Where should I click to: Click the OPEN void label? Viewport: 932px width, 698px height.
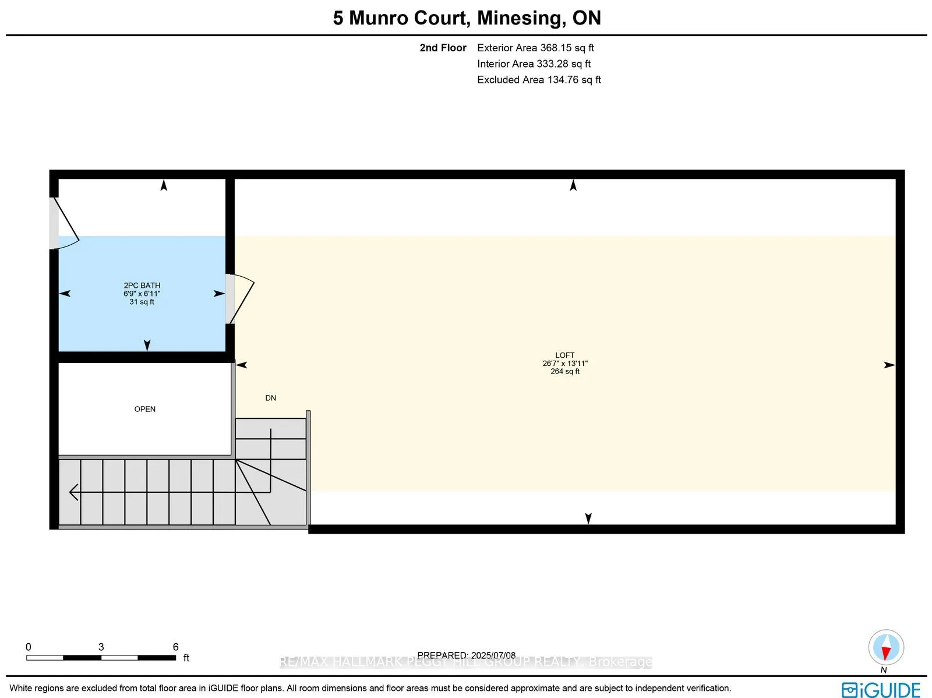[x=144, y=409]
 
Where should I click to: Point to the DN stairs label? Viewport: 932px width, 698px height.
[x=270, y=398]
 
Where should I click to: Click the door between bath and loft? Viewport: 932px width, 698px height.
[x=239, y=298]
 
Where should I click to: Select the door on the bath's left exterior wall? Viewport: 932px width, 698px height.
[x=63, y=223]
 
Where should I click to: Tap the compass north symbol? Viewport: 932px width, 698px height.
[x=885, y=648]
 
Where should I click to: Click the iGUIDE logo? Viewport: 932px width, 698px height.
[x=881, y=690]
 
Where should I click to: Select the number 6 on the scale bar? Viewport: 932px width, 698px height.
[x=175, y=647]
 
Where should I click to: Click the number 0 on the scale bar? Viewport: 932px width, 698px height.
[x=29, y=647]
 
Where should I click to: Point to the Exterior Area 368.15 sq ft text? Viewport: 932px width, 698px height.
[x=535, y=48]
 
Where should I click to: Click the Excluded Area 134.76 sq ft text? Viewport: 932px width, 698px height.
[x=539, y=80]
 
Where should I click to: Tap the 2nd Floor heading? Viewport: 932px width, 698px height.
[x=443, y=48]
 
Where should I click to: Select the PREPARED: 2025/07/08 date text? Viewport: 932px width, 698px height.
[x=466, y=655]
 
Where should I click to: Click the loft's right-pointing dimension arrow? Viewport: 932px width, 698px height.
[x=889, y=365]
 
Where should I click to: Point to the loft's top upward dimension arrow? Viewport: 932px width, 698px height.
[x=573, y=185]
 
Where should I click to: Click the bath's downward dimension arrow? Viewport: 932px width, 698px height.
[x=147, y=345]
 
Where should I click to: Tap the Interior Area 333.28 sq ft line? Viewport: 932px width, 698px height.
[x=534, y=64]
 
